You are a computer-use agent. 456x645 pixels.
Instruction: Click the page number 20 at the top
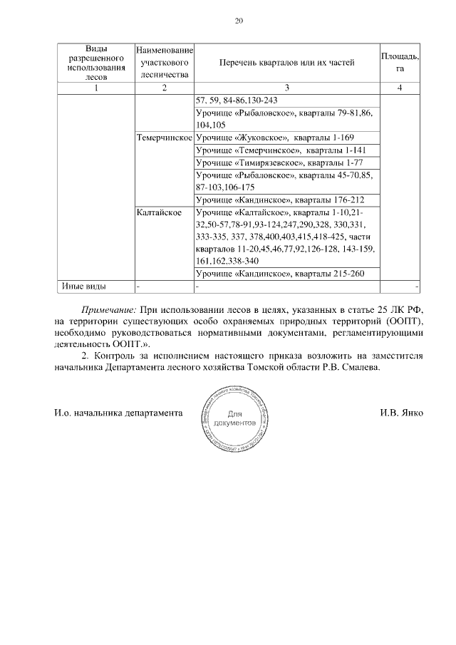click(239, 21)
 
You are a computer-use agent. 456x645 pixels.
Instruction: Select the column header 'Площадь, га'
click(400, 62)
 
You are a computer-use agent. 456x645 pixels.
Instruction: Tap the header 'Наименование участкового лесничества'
click(165, 63)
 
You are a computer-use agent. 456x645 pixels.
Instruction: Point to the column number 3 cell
click(286, 88)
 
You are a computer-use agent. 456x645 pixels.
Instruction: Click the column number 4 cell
click(400, 88)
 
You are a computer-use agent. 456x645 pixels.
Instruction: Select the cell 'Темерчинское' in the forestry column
click(165, 137)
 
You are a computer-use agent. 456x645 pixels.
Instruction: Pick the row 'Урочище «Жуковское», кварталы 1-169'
click(274, 137)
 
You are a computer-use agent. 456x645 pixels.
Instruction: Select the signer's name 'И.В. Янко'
click(401, 413)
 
